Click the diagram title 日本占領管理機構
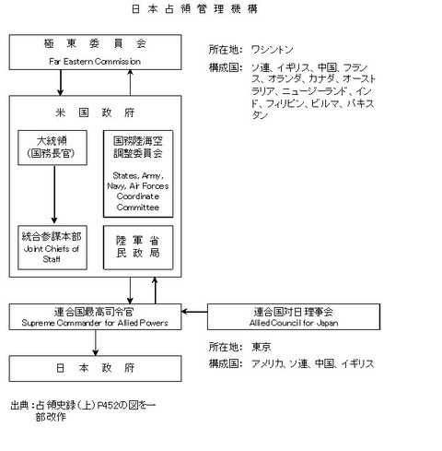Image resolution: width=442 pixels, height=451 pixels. [x=194, y=9]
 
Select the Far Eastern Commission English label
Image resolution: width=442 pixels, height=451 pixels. [x=95, y=61]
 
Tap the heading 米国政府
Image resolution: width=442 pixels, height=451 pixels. [x=95, y=113]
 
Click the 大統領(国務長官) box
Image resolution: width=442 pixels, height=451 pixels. [x=52, y=148]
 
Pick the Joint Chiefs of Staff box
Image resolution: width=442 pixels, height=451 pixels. [x=52, y=247]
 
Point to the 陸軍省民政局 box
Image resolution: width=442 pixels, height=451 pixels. [x=138, y=247]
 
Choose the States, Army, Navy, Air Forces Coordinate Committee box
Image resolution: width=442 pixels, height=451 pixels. [x=138, y=174]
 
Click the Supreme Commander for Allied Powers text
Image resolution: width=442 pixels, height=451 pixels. [x=95, y=323]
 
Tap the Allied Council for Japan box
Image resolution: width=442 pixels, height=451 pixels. [x=294, y=317]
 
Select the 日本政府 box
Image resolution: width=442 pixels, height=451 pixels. [x=95, y=369]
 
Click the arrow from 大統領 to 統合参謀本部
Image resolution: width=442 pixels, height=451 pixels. [x=54, y=195]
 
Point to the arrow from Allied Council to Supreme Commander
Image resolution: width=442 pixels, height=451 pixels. [x=194, y=312]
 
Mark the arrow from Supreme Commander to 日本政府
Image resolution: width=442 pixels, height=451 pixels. [x=96, y=343]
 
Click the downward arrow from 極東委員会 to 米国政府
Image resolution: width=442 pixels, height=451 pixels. [x=61, y=83]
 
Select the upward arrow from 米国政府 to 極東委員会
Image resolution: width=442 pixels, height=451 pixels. [x=130, y=82]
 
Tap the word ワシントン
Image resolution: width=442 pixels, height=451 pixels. [x=273, y=50]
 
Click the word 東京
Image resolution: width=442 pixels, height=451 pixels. [x=262, y=347]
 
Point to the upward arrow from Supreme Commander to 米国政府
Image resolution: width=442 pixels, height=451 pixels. [x=155, y=291]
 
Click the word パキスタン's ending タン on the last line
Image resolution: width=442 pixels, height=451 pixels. [x=260, y=115]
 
